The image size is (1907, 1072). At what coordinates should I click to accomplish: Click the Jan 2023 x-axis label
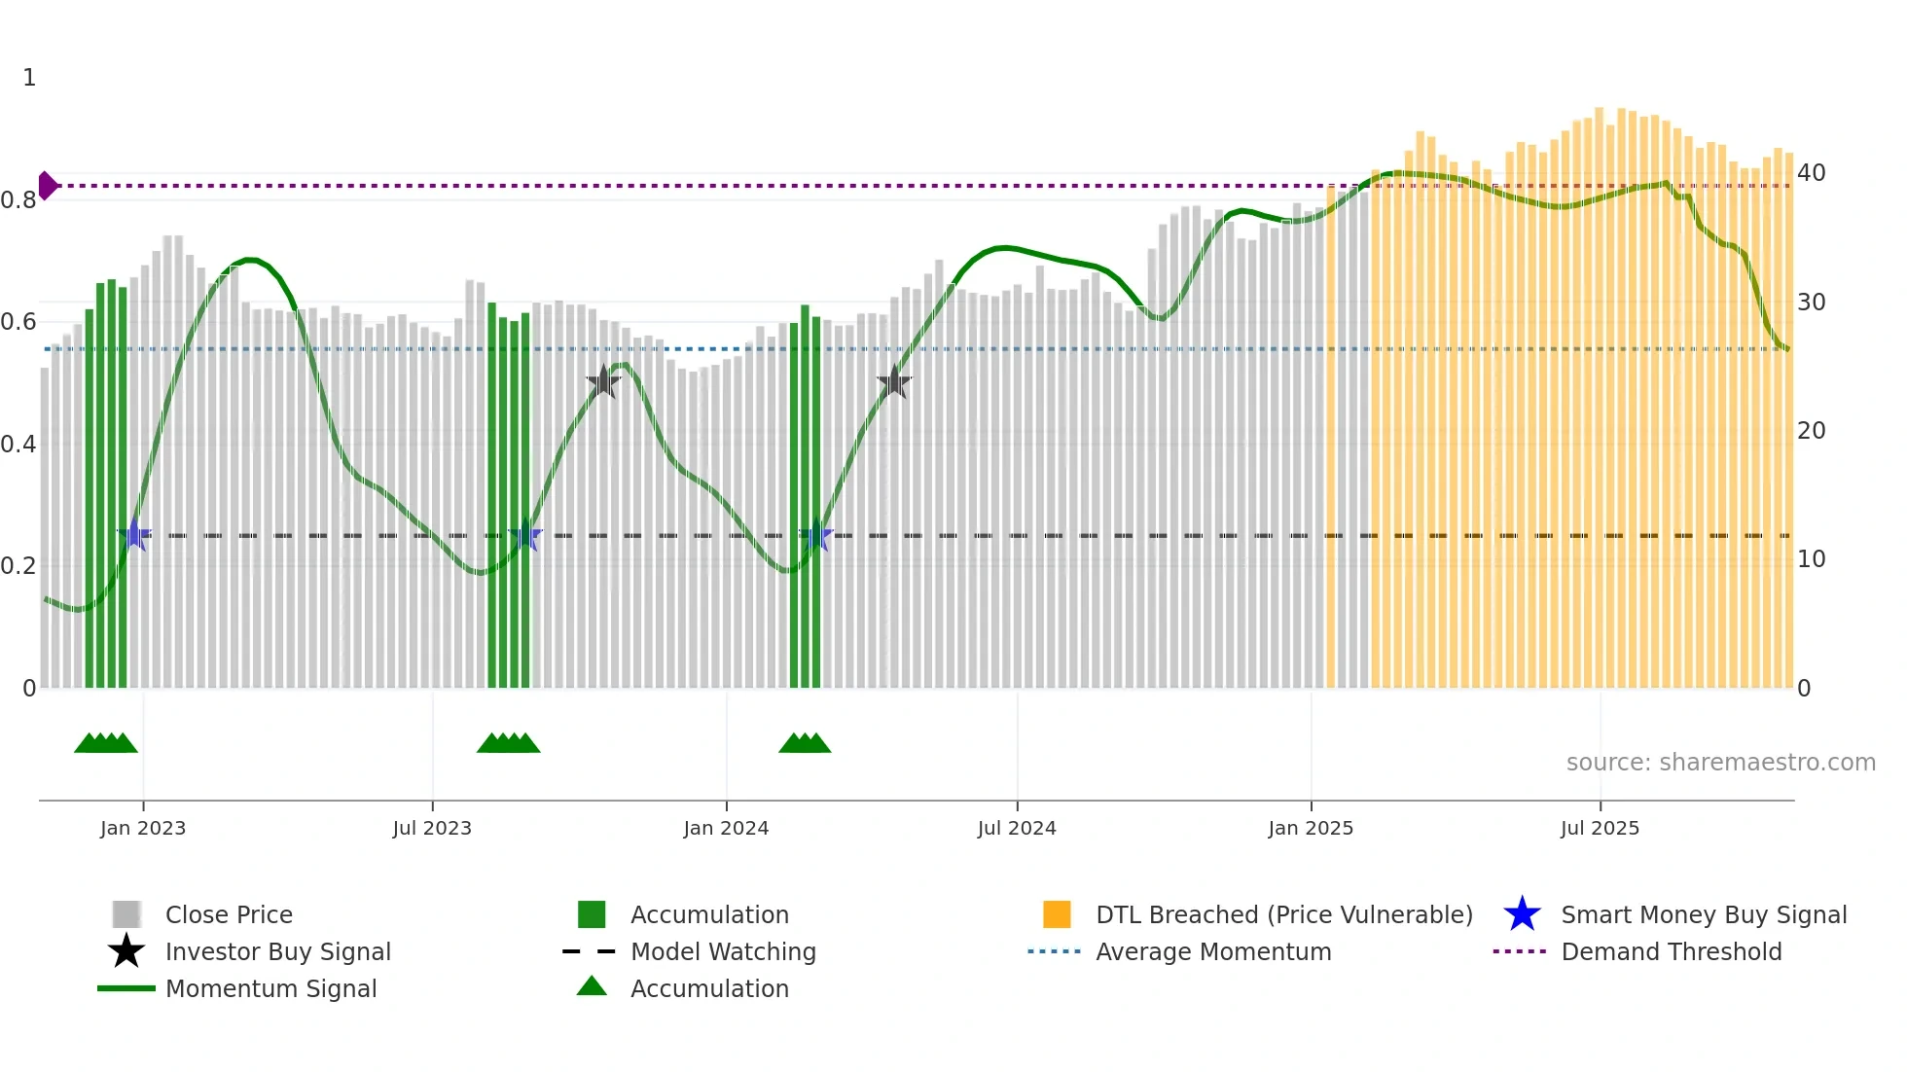coord(143,828)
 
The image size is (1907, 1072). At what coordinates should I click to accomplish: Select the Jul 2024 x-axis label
coord(1017,828)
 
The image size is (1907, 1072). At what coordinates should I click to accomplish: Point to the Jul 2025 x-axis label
coord(1600,828)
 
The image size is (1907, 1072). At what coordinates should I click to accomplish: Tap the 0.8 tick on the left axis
coord(18,200)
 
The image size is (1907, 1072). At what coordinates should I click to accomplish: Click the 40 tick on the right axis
coord(1811,173)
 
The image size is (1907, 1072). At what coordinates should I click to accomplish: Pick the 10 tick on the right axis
coord(1811,559)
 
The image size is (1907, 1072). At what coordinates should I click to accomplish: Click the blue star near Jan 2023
coord(134,535)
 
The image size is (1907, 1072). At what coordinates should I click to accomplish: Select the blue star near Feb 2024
coord(815,536)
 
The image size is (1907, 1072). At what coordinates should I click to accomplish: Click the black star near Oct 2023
coord(603,382)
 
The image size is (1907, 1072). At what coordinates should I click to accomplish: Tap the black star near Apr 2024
coord(894,382)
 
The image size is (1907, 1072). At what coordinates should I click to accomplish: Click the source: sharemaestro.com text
coord(1720,763)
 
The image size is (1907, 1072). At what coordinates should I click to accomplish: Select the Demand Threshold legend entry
coord(1671,951)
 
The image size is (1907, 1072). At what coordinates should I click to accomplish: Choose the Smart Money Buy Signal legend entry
coord(1703,914)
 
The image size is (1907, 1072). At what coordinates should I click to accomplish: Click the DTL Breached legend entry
coord(1283,914)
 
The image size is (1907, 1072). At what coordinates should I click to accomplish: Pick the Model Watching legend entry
coord(722,951)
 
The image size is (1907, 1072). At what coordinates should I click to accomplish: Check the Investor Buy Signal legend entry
coord(277,951)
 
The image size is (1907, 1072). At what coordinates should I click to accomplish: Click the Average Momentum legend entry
coord(1212,951)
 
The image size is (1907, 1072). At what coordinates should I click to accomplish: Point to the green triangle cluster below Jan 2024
coord(805,743)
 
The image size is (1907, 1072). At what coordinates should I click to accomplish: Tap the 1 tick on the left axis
coord(29,78)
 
